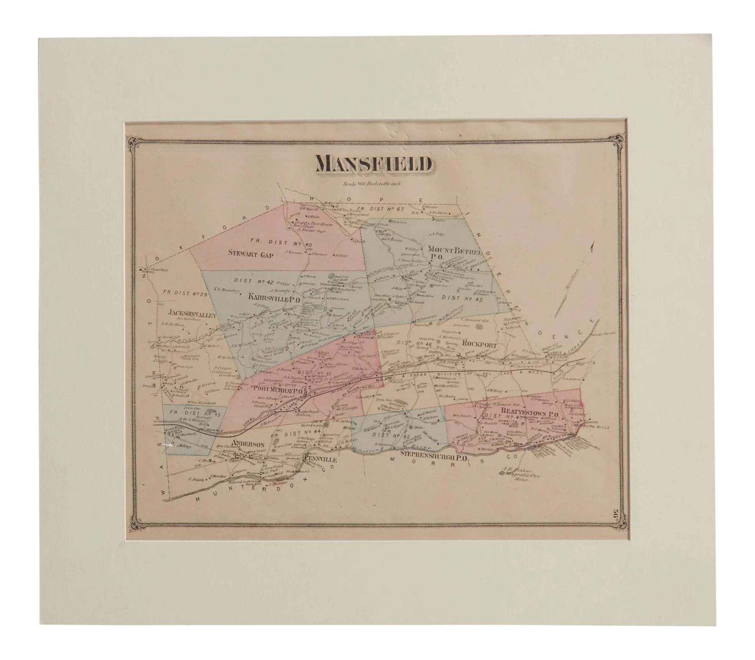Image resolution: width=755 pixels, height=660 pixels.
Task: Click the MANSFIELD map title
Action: pyautogui.click(x=371, y=165)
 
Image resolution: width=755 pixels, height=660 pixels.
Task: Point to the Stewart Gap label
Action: pyautogui.click(x=251, y=254)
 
